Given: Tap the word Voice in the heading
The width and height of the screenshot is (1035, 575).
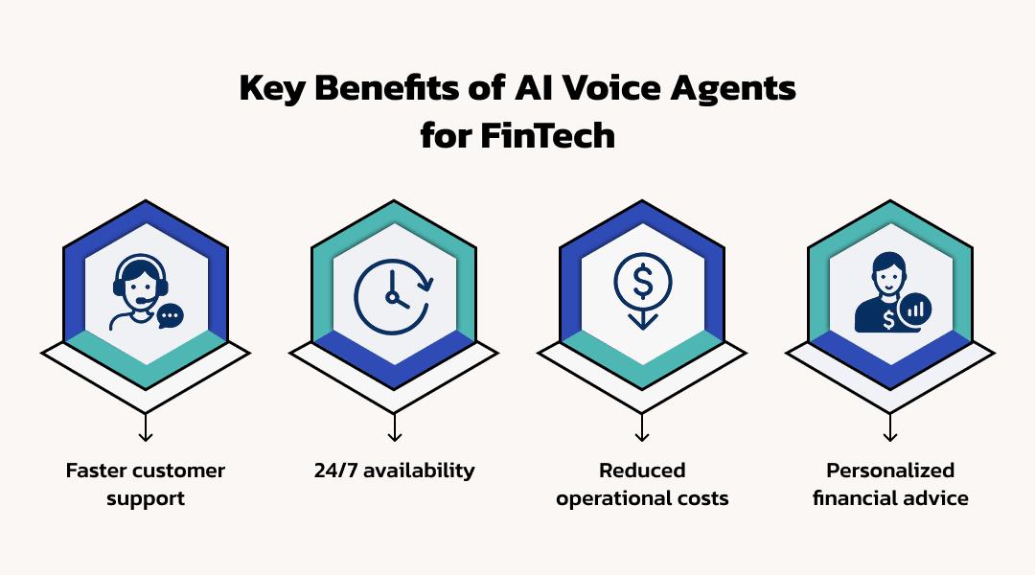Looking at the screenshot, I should pyautogui.click(x=617, y=89).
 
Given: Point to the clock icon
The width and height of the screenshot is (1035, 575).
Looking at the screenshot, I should pyautogui.click(x=393, y=293).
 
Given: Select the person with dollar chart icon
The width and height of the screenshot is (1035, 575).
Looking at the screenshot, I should pyautogui.click(x=890, y=292).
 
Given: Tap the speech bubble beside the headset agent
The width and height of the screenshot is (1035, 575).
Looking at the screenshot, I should pyautogui.click(x=170, y=315).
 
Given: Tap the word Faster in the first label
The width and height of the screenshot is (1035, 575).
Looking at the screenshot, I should pyautogui.click(x=96, y=471).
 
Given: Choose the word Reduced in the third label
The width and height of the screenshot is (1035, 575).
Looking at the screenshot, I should pyautogui.click(x=642, y=471).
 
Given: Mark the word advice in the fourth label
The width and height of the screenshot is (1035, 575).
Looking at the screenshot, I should pyautogui.click(x=939, y=498).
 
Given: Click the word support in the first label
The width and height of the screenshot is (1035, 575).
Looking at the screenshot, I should pyautogui.click(x=146, y=499).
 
